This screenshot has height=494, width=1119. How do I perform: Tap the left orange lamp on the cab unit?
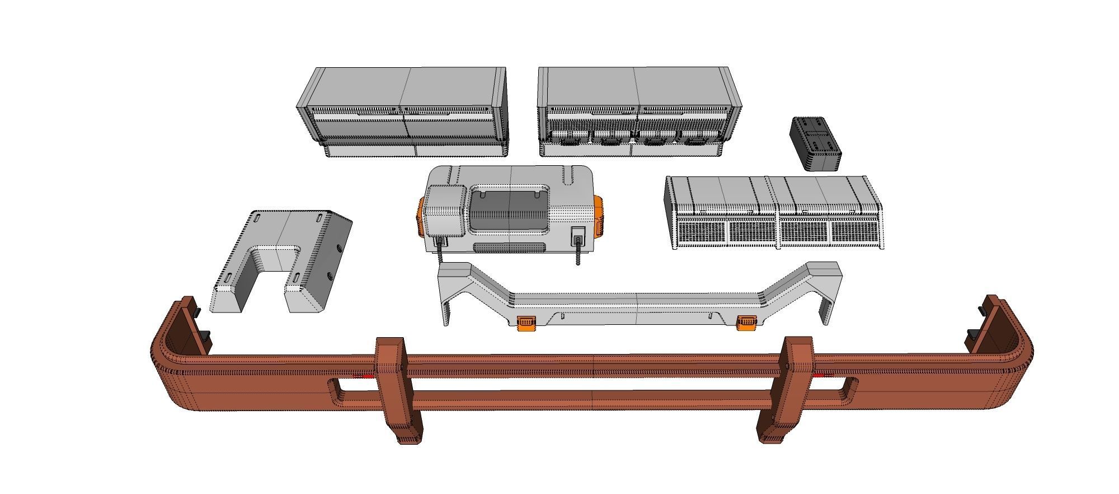click(420, 218)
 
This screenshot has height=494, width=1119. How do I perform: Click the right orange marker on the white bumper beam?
click(746, 323)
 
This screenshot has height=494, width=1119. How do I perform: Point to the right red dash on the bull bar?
click(822, 374)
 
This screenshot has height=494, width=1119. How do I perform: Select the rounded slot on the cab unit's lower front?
click(509, 247)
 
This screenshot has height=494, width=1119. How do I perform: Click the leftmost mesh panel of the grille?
click(700, 231)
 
